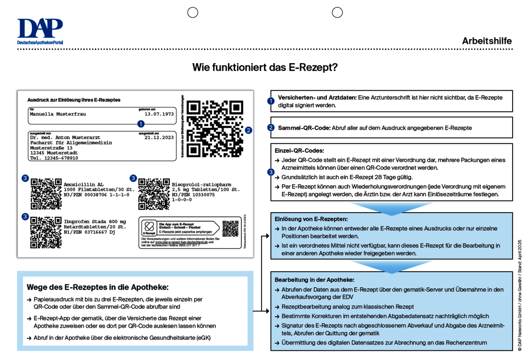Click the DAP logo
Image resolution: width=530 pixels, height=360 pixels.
point(40,31)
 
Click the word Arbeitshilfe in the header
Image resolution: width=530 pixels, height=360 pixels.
point(487,41)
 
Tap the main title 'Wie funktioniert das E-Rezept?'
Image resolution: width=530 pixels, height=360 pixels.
point(265,67)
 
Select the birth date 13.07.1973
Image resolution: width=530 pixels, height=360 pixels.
point(159,114)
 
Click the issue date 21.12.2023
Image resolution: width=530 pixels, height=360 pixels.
point(159,137)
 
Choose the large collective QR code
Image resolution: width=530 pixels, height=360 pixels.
point(215,129)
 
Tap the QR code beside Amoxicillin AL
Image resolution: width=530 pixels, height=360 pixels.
point(46,193)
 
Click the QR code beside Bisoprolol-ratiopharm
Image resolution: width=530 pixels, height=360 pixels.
point(154,193)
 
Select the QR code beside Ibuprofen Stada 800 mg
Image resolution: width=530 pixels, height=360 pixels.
point(46,232)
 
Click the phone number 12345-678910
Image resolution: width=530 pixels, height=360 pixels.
point(60,158)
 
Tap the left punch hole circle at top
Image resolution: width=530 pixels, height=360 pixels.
point(193,13)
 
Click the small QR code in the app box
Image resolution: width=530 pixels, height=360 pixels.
point(230,229)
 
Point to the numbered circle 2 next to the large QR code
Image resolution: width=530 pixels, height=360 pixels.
point(248,130)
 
